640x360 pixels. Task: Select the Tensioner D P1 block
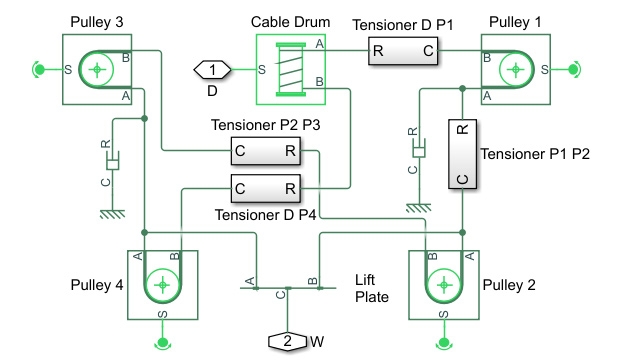coord(402,53)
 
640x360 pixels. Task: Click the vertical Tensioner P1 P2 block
coord(461,155)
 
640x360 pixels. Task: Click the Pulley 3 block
coord(97,69)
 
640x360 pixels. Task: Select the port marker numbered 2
coord(287,341)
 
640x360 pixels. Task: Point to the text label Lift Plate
coord(372,288)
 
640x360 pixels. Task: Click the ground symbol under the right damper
coord(416,208)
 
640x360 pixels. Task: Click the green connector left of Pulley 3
coord(38,69)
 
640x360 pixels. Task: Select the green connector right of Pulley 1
coord(574,69)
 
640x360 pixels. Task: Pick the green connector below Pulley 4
coord(162,345)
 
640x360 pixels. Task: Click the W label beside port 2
coord(317,342)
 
